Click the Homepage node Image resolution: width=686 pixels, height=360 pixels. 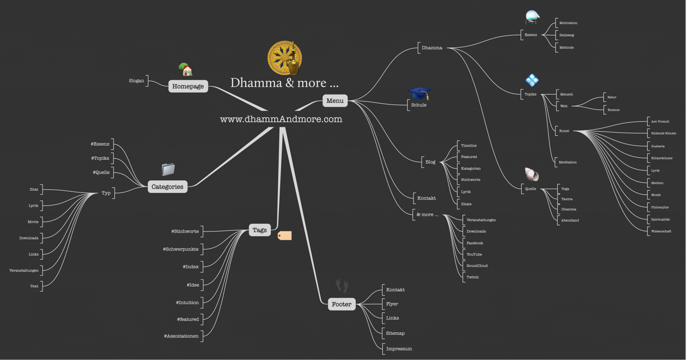point(188,86)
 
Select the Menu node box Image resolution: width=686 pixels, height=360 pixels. point(335,101)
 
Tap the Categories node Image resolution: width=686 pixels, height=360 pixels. point(168,187)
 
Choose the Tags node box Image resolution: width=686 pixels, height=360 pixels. point(260,230)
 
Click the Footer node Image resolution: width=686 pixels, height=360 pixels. point(341,304)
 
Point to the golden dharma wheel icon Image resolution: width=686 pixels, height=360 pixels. point(284,58)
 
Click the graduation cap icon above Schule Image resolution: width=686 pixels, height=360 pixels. point(419,93)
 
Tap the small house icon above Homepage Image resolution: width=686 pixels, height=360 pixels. point(186,69)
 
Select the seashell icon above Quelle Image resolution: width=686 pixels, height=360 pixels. point(532,174)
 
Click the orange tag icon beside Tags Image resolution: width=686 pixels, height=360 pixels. point(284,236)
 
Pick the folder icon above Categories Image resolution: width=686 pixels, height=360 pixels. point(168,169)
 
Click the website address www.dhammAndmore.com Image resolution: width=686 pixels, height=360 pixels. point(281,119)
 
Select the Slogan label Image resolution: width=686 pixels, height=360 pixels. point(137,81)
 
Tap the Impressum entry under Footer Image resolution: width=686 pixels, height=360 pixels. point(399,348)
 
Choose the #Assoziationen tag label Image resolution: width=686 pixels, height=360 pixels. point(181,336)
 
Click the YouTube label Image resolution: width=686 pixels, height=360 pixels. point(474,255)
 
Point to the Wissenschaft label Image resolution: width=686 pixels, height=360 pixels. point(661,231)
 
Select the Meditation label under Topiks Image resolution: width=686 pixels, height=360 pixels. point(568,162)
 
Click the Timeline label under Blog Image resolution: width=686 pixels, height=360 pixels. point(469,146)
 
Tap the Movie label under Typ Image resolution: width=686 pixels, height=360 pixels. point(33,222)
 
